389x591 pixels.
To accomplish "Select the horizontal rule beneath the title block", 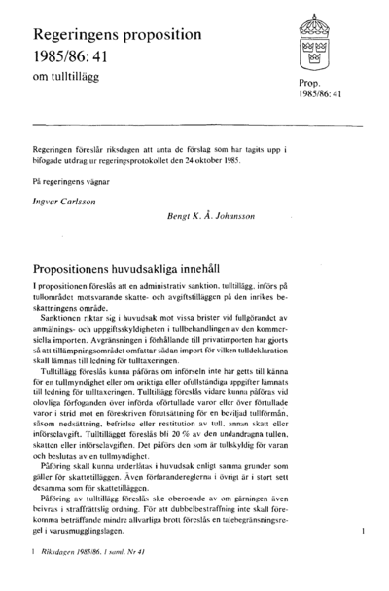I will click(x=194, y=125).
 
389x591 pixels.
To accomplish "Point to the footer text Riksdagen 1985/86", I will click(x=77, y=577).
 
